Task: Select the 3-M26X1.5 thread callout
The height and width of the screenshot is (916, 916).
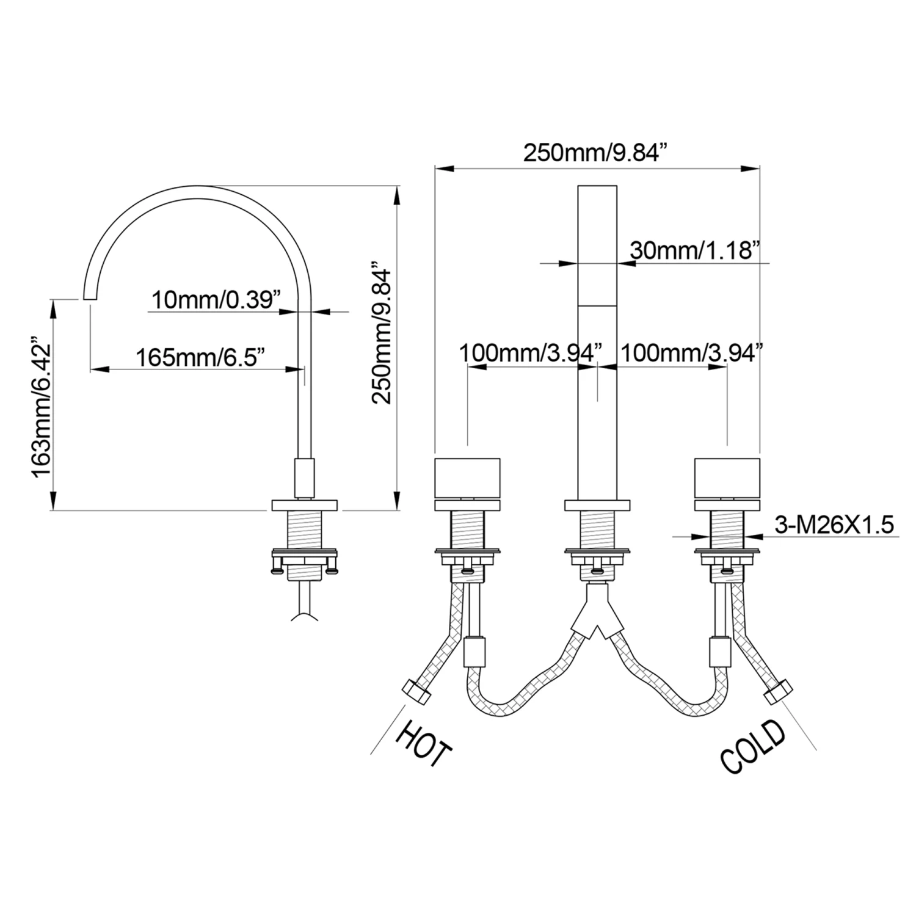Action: click(834, 524)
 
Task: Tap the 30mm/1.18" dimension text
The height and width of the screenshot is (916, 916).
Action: click(695, 250)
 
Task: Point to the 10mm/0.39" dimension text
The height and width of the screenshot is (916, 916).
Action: click(216, 300)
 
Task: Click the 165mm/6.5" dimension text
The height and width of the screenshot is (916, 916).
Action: click(200, 357)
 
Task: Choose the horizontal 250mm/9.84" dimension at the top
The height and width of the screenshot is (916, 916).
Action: click(593, 153)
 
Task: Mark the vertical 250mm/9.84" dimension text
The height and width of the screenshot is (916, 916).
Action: click(382, 333)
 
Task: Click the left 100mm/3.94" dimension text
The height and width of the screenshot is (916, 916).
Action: click(529, 352)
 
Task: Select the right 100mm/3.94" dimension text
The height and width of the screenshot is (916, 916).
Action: click(691, 352)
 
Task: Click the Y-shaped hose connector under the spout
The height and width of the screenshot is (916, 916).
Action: click(597, 611)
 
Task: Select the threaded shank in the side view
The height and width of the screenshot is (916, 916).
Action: click(304, 532)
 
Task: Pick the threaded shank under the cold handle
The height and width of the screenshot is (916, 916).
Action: click(727, 531)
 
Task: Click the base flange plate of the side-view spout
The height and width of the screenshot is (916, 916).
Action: click(304, 505)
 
